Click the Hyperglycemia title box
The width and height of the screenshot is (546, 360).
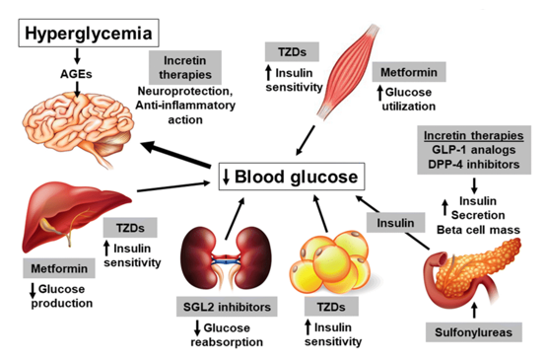[x=89, y=34]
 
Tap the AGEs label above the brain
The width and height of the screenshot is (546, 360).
[x=76, y=74]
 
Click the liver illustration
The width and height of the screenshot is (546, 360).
[x=75, y=216]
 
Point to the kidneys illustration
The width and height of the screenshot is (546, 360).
[x=227, y=258]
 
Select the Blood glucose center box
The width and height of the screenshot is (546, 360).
[x=292, y=177]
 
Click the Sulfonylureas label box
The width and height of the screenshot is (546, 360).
[x=474, y=332]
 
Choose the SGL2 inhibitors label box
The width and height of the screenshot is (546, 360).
[x=227, y=307]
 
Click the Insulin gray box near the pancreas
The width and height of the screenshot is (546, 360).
[x=395, y=223]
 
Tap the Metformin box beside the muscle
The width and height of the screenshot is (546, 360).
[x=409, y=72]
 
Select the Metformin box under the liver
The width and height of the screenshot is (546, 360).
[x=59, y=268]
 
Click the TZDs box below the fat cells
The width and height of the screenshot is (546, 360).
[x=331, y=307]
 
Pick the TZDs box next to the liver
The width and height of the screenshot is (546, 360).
[x=130, y=228]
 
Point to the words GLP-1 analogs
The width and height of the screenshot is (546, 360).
[x=474, y=150]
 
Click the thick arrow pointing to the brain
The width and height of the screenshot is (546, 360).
[x=175, y=155]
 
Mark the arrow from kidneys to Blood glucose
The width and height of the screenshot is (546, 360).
[x=235, y=219]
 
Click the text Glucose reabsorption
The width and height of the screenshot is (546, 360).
[x=227, y=334]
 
